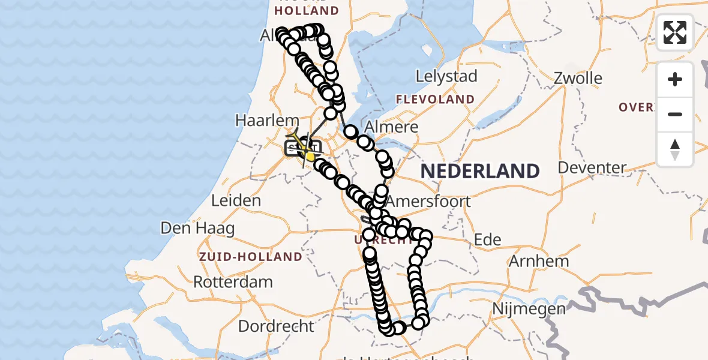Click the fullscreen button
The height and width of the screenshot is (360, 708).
click(x=675, y=32)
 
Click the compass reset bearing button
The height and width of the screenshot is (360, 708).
click(x=675, y=149)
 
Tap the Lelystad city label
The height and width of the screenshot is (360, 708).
click(x=447, y=76)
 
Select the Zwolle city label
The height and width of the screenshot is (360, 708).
click(x=578, y=78)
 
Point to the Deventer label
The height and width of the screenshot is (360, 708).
click(x=593, y=167)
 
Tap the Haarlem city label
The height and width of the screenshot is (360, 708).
click(x=259, y=120)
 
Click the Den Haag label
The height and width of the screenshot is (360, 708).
click(x=197, y=229)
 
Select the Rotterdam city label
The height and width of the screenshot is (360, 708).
click(x=233, y=281)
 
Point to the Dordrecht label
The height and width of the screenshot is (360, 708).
click(x=276, y=326)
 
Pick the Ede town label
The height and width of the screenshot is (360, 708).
click(x=487, y=239)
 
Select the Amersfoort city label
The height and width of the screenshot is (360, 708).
click(x=428, y=201)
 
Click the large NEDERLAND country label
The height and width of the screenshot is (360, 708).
click(x=480, y=172)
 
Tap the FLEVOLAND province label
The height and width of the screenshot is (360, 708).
click(x=436, y=100)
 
